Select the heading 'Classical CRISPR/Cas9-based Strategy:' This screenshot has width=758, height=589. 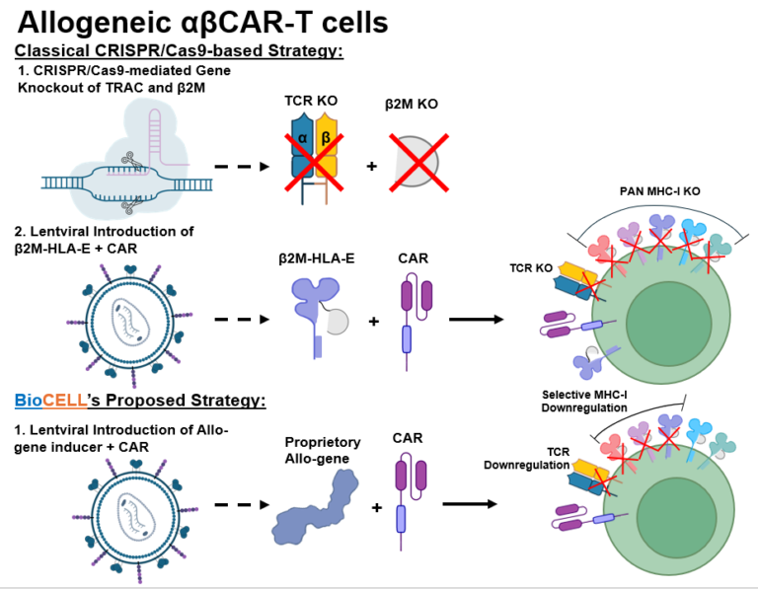pos(179,50)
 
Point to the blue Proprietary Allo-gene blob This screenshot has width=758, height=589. pos(314,507)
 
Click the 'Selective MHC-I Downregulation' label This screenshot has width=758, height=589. pos(584,401)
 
